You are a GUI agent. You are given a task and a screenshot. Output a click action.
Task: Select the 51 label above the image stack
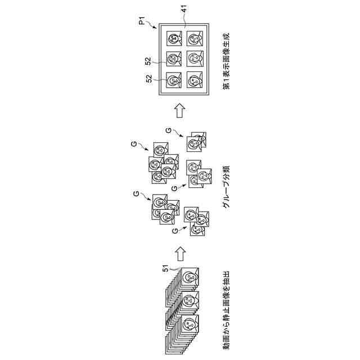click(166, 269)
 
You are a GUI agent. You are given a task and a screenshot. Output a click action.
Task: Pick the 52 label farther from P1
click(148, 79)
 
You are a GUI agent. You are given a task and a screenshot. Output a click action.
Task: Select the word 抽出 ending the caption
click(224, 279)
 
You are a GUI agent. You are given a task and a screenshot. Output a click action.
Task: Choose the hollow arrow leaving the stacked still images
click(179, 254)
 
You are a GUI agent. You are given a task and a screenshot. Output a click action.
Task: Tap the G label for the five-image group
click(134, 145)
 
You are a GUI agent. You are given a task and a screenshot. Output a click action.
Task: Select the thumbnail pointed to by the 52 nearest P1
click(173, 58)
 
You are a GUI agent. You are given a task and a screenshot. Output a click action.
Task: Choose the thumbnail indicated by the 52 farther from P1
click(173, 78)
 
